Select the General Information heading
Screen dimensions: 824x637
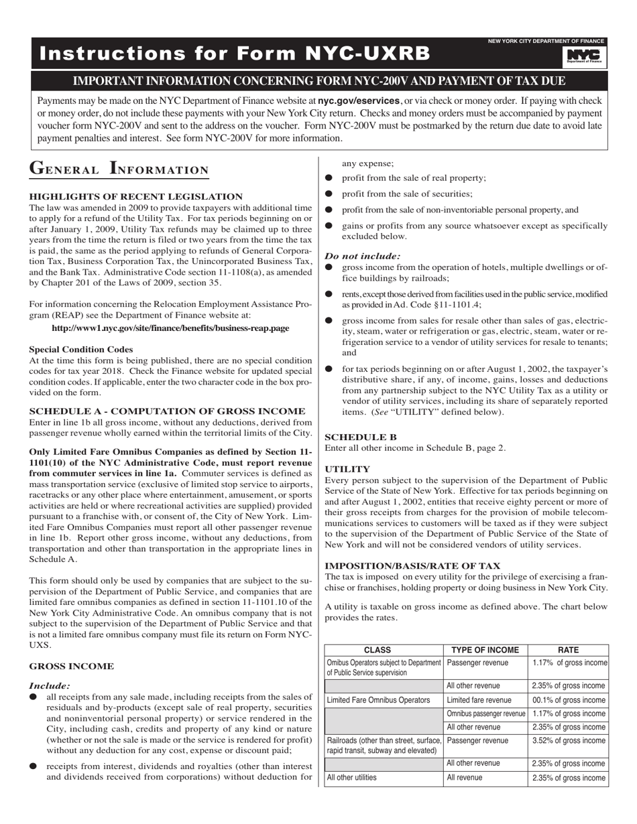click(x=119, y=169)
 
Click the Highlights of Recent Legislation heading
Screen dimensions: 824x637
click(x=135, y=196)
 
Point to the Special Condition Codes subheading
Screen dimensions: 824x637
click(x=81, y=349)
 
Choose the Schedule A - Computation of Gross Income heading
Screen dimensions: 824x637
click(x=168, y=411)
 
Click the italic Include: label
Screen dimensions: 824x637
click(x=50, y=685)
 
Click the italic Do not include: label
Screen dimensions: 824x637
click(x=363, y=256)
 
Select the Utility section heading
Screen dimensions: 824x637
click(x=347, y=469)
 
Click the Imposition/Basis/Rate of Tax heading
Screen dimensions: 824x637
click(x=412, y=565)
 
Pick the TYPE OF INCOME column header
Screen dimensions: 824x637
click(x=485, y=650)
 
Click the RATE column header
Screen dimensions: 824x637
click(x=568, y=650)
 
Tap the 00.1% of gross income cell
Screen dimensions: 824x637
click(x=568, y=699)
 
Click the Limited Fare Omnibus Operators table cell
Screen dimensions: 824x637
click(x=378, y=699)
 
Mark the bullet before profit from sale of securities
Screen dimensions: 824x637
click(x=329, y=194)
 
